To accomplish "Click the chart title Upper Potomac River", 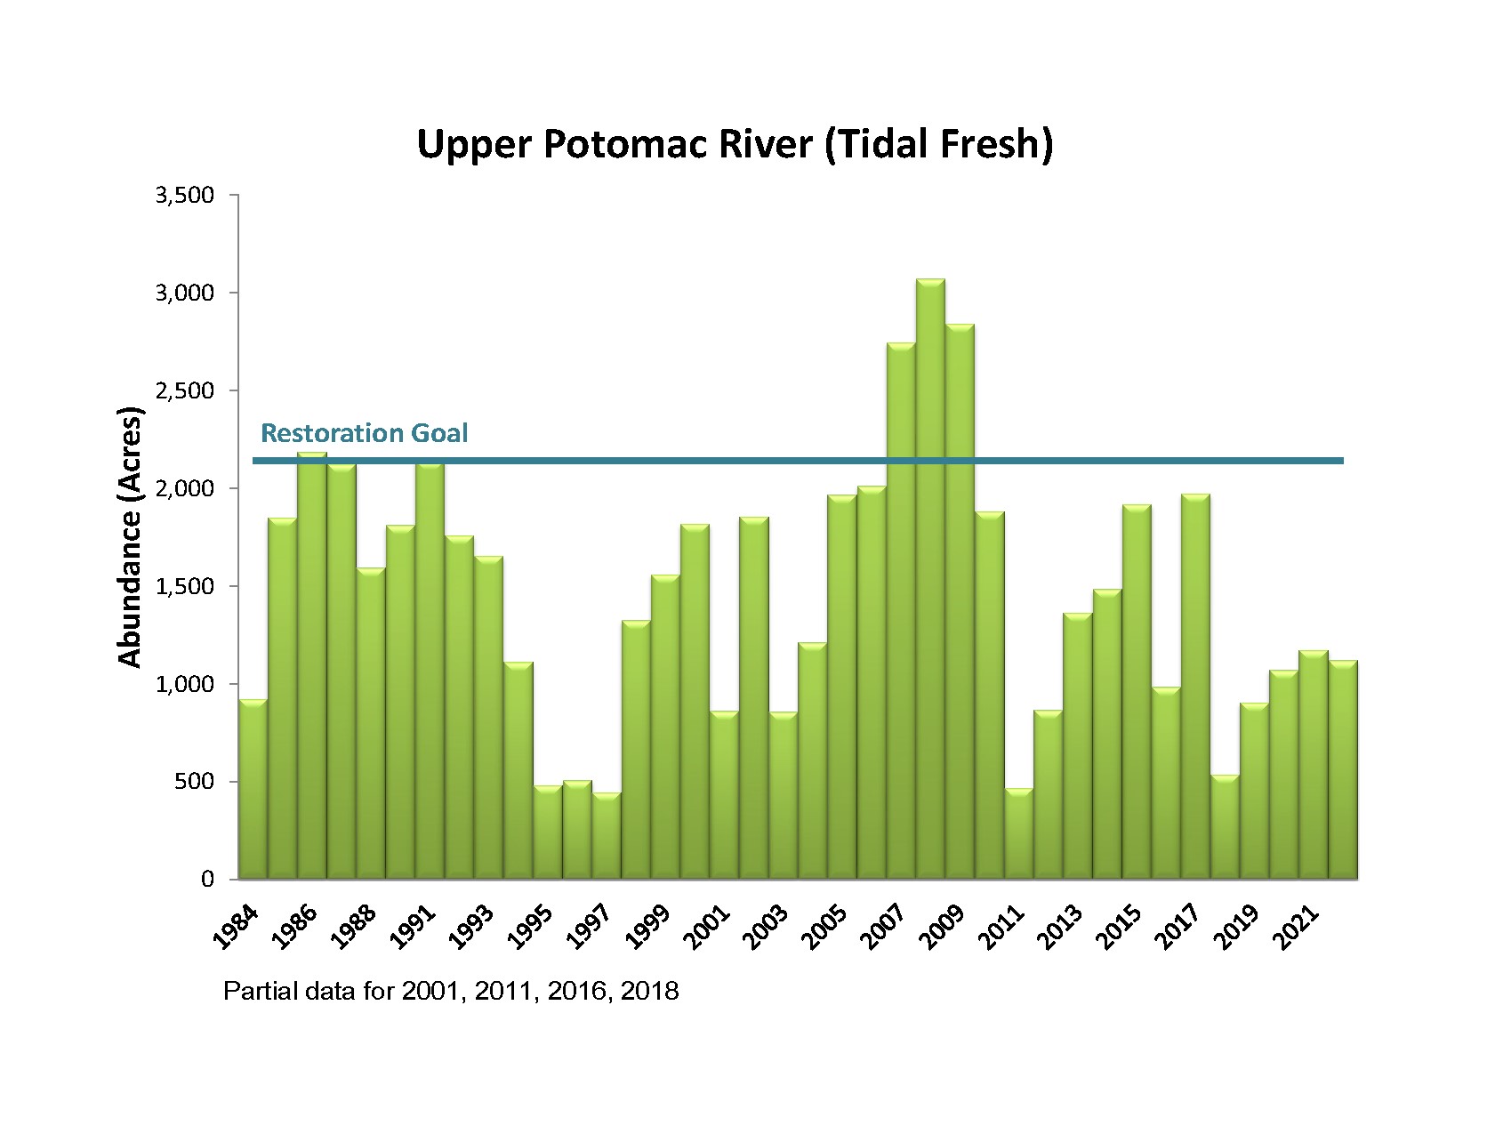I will point(735,145).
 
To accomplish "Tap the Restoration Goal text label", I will point(364,433).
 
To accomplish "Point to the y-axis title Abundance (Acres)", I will point(130,537).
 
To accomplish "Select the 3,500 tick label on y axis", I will point(185,195).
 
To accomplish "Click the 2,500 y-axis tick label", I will point(185,390).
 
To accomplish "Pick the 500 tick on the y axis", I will point(197,782).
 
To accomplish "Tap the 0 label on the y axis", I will point(208,880).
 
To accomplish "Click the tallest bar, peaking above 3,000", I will point(930,578).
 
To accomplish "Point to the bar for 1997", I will point(607,836).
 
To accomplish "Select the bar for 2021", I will point(1313,765).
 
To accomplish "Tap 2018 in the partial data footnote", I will point(649,991).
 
